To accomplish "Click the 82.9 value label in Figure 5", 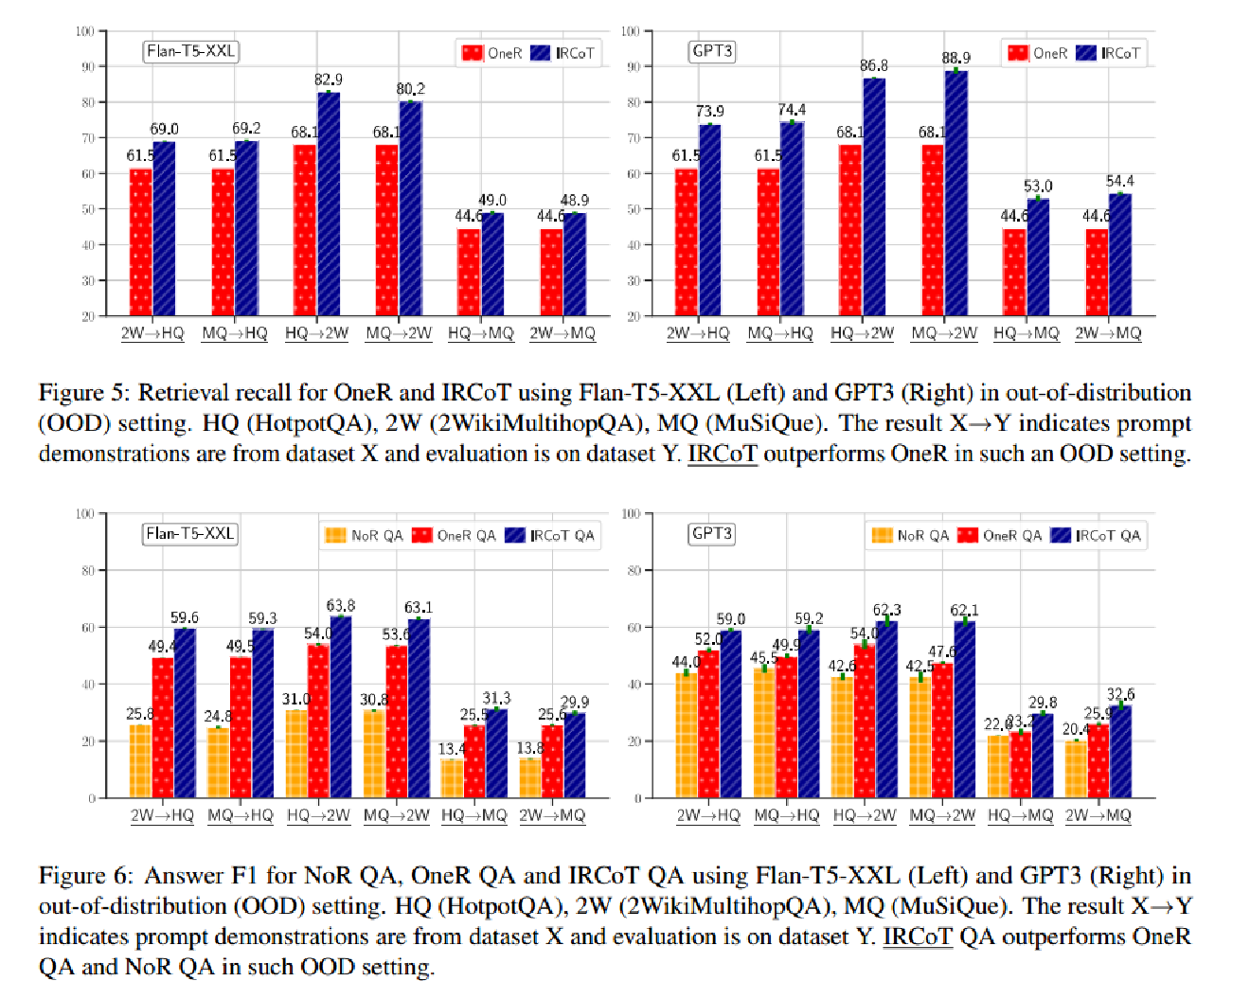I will [329, 80].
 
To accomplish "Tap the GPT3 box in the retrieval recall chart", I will [712, 51].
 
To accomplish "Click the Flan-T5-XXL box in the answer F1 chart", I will [190, 534].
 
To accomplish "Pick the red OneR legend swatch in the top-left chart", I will [472, 53].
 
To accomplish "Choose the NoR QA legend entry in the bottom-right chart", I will [910, 536].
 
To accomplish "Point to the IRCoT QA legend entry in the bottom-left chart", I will [550, 536].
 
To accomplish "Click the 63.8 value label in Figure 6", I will [341, 606].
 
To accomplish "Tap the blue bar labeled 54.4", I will [1120, 255].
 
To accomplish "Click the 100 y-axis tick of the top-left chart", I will [85, 31].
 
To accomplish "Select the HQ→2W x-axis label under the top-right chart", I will [862, 333].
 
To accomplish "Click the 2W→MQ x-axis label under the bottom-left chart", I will [552, 815].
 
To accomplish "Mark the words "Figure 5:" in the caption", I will [84, 393].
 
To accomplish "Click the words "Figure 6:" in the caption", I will [84, 876].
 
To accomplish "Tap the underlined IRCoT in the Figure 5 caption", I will [723, 454].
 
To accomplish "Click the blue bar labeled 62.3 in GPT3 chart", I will [886, 709].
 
